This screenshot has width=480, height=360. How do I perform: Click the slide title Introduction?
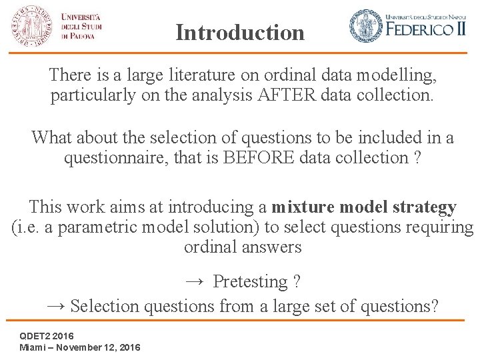pos(240,32)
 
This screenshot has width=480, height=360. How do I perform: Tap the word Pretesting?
pos(250,281)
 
